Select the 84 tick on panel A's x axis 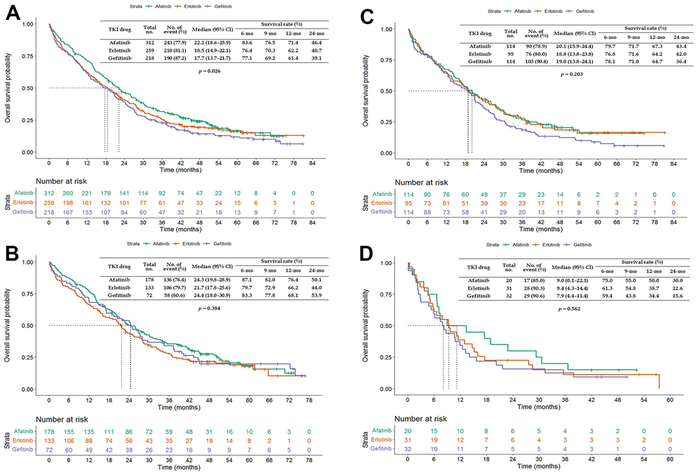311,165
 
